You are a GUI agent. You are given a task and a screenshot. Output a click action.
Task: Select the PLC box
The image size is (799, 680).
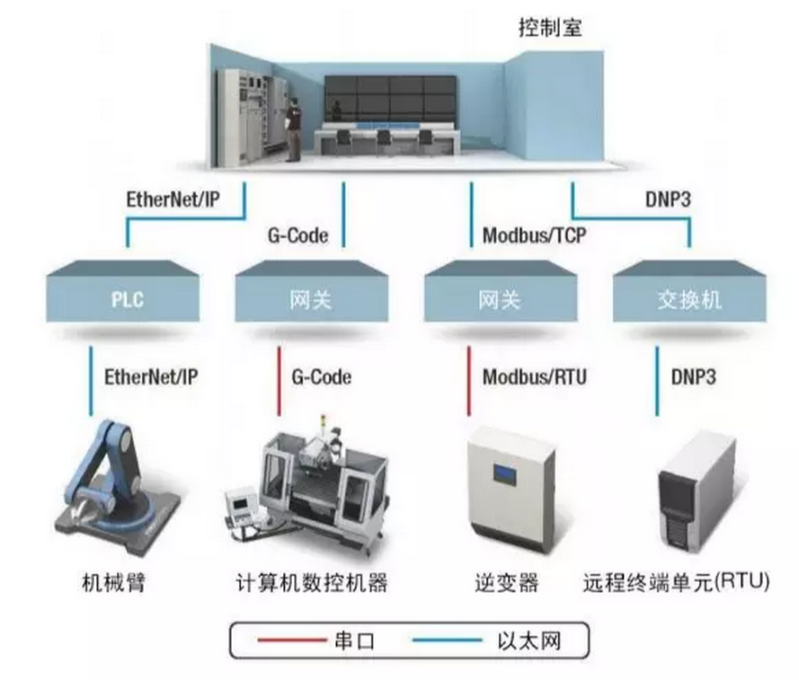tap(122, 298)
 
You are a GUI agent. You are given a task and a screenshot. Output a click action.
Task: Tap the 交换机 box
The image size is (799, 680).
tap(689, 298)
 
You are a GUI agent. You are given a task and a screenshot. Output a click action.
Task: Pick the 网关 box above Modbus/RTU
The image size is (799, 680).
tap(500, 298)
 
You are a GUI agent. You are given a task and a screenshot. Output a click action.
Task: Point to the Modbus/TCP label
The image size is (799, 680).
tap(535, 236)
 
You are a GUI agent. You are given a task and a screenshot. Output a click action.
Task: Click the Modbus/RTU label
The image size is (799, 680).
tap(535, 376)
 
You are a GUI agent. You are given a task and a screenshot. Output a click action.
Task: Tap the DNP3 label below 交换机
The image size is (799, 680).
tap(694, 376)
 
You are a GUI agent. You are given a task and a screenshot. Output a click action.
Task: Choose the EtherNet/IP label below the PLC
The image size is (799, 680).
tap(151, 376)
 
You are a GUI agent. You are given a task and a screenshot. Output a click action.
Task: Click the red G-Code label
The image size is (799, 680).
tap(322, 376)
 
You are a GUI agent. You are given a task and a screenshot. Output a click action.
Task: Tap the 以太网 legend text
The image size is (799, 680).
tap(528, 641)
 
